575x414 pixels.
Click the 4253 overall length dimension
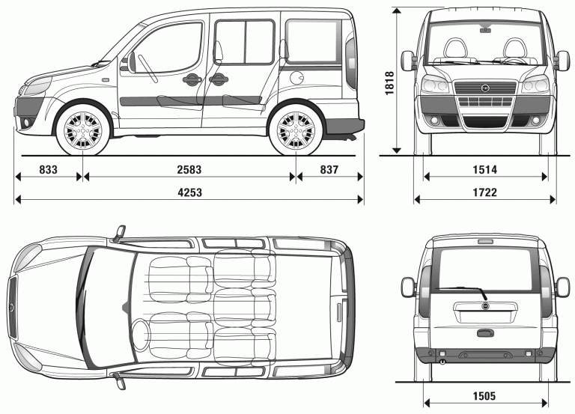point(189,193)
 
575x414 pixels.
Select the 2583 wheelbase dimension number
point(189,170)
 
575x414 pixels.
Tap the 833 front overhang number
point(48,170)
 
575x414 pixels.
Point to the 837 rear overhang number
point(329,170)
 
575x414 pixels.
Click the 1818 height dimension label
point(389,80)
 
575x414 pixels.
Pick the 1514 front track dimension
point(485,171)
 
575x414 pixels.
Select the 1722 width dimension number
point(485,193)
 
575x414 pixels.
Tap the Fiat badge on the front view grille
point(485,88)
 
